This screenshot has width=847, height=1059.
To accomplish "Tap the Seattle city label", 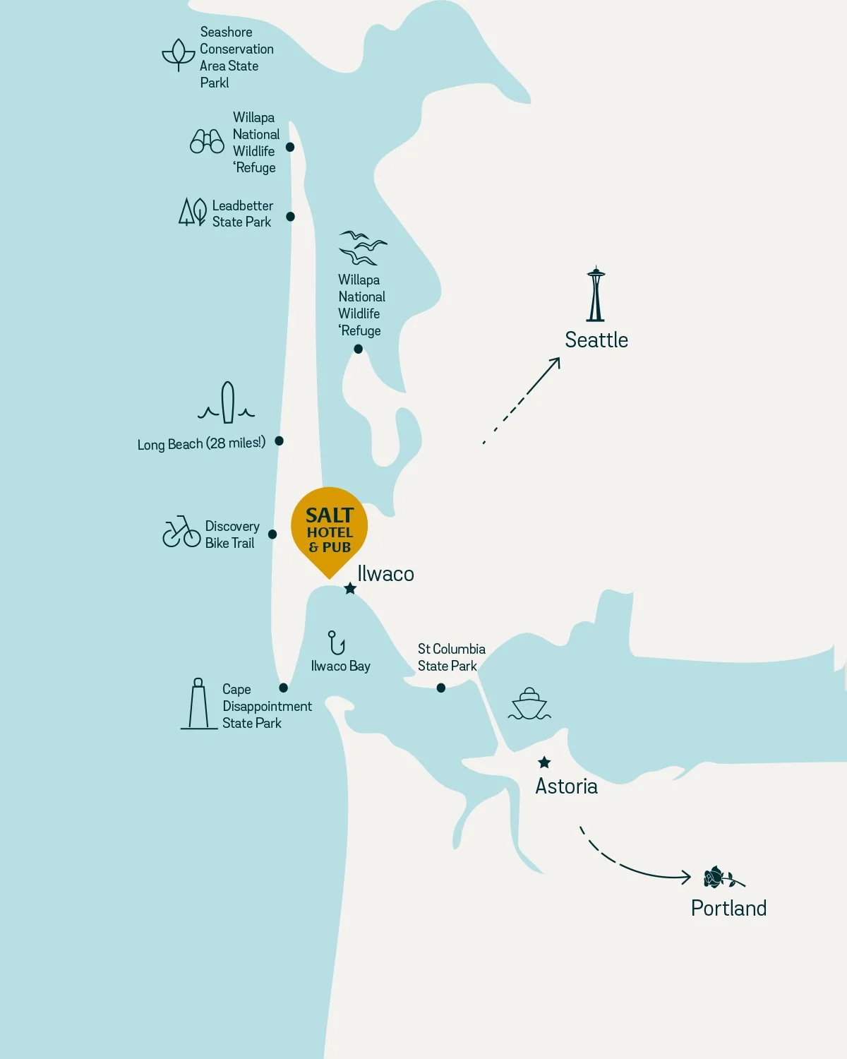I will click(x=596, y=340).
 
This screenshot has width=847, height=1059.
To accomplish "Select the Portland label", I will click(x=728, y=908).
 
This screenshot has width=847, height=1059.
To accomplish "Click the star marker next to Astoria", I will click(x=544, y=762).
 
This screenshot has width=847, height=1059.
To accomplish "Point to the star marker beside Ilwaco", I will click(x=350, y=588).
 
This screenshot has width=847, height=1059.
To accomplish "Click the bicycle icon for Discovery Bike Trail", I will click(x=181, y=532).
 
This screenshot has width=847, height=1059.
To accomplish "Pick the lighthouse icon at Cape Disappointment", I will click(x=198, y=704).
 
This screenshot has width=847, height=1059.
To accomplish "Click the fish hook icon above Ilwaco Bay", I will click(x=336, y=643).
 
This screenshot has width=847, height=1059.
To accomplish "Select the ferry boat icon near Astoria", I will click(x=529, y=704).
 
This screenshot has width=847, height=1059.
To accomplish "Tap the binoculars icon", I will click(x=207, y=141).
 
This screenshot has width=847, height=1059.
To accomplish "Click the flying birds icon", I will click(x=362, y=247).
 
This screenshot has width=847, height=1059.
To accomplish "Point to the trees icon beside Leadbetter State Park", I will click(x=192, y=212).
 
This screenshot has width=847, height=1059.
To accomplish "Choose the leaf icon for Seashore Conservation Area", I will click(x=179, y=54).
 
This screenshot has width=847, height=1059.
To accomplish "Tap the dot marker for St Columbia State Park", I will click(x=441, y=688).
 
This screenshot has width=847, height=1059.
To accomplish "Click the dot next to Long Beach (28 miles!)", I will click(x=279, y=441).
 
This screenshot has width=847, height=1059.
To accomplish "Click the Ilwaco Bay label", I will click(x=340, y=666).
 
